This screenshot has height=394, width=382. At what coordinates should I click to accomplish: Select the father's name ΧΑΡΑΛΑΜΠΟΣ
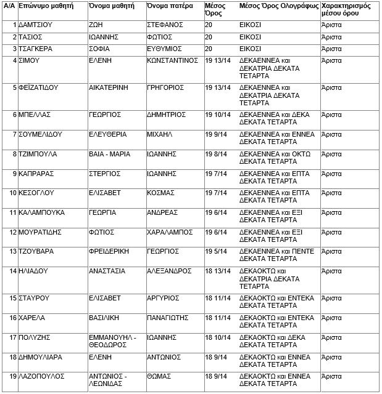[x=170, y=232]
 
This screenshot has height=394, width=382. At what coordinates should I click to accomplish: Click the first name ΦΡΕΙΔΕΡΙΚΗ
[x=111, y=251]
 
